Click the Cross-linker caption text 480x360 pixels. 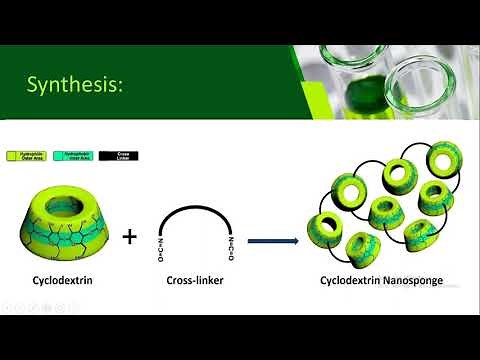coord(194,282)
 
